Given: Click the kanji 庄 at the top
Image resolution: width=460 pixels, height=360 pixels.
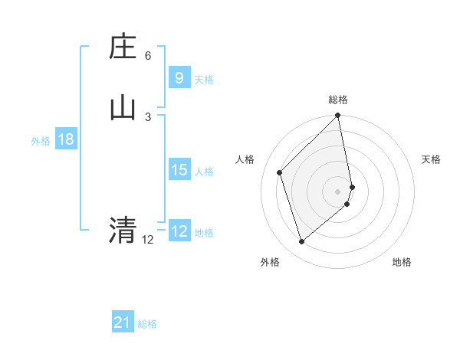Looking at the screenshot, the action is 123,47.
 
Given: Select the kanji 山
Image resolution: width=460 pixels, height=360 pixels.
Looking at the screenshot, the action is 123,108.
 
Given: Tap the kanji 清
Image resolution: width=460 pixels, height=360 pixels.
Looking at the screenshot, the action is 123,229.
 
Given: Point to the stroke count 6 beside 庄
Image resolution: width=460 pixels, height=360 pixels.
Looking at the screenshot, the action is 148,56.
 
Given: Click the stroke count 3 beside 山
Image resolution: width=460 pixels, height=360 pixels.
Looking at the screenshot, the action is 148,116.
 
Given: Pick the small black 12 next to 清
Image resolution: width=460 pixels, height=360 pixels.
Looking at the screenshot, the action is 147,240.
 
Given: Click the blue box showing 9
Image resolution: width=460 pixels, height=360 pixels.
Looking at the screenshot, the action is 179,77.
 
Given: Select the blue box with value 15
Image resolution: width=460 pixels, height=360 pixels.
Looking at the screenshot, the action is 179,170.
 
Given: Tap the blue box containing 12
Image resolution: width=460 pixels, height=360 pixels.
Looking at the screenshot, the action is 179,231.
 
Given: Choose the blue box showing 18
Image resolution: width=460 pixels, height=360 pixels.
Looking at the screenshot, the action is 65,139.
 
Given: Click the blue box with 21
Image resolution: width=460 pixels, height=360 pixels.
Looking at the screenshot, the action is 123,322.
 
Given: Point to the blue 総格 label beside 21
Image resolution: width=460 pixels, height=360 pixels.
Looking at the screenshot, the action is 147,325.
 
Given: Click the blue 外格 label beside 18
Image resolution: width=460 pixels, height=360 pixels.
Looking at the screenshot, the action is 41,141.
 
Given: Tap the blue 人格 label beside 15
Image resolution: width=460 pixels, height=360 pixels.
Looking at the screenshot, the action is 205,172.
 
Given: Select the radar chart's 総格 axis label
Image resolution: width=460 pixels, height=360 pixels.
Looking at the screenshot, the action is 338,100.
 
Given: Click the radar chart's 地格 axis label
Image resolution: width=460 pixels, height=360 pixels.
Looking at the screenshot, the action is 402,263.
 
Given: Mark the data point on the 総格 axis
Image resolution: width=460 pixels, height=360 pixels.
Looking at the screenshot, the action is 338,116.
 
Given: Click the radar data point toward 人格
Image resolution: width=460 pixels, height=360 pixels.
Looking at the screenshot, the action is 280,172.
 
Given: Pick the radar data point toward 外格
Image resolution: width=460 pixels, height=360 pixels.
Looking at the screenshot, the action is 301,242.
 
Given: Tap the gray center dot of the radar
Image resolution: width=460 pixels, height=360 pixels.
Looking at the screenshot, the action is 338,191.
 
